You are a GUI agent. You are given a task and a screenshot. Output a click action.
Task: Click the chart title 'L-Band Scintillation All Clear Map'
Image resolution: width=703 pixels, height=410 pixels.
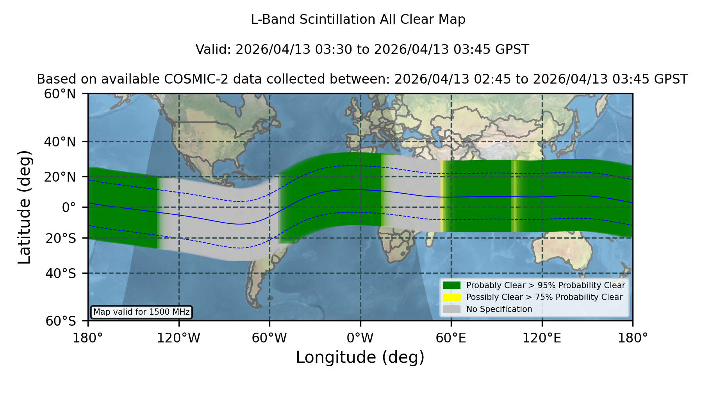point(358,20)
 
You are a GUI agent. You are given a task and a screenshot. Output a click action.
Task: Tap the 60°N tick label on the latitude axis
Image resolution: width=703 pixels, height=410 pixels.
point(60,94)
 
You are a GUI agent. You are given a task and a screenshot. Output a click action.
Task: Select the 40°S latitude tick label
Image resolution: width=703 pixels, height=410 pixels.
point(61,273)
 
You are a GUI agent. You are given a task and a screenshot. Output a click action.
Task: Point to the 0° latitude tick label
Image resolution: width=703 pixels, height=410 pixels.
point(69,207)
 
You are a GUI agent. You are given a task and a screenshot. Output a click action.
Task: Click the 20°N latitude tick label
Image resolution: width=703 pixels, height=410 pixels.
point(60,177)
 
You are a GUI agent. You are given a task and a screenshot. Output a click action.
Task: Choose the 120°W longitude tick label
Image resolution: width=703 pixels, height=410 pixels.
point(178,338)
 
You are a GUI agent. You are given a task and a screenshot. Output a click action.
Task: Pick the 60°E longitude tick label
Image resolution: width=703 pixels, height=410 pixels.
point(451,338)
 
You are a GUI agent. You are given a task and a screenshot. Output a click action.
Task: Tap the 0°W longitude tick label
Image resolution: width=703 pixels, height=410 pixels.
point(360,338)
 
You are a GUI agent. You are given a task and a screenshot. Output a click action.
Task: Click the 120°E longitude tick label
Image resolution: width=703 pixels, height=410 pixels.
point(542,338)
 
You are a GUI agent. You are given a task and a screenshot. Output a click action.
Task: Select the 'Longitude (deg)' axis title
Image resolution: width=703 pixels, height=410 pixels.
point(360,357)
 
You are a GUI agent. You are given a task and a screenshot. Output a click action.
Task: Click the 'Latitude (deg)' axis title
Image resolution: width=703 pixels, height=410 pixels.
point(24,207)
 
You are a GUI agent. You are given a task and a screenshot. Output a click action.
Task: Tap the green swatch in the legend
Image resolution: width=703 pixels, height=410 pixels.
point(452,285)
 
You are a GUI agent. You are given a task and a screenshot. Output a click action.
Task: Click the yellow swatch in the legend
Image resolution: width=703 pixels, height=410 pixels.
point(452,297)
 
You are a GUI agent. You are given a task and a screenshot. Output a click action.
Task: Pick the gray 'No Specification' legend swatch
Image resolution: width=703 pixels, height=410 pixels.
point(452,309)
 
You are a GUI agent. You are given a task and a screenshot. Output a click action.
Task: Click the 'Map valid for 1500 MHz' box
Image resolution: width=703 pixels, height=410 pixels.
point(141,312)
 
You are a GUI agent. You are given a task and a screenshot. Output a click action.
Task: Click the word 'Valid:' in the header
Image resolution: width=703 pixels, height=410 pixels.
point(214,50)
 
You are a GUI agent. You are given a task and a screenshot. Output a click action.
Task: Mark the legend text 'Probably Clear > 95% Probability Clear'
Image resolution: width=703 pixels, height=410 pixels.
point(546,285)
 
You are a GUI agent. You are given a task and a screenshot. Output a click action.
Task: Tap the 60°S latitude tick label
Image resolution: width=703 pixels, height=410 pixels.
point(61,321)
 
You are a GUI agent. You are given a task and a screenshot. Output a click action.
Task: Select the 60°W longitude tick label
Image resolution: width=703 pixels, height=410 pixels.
point(269,338)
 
